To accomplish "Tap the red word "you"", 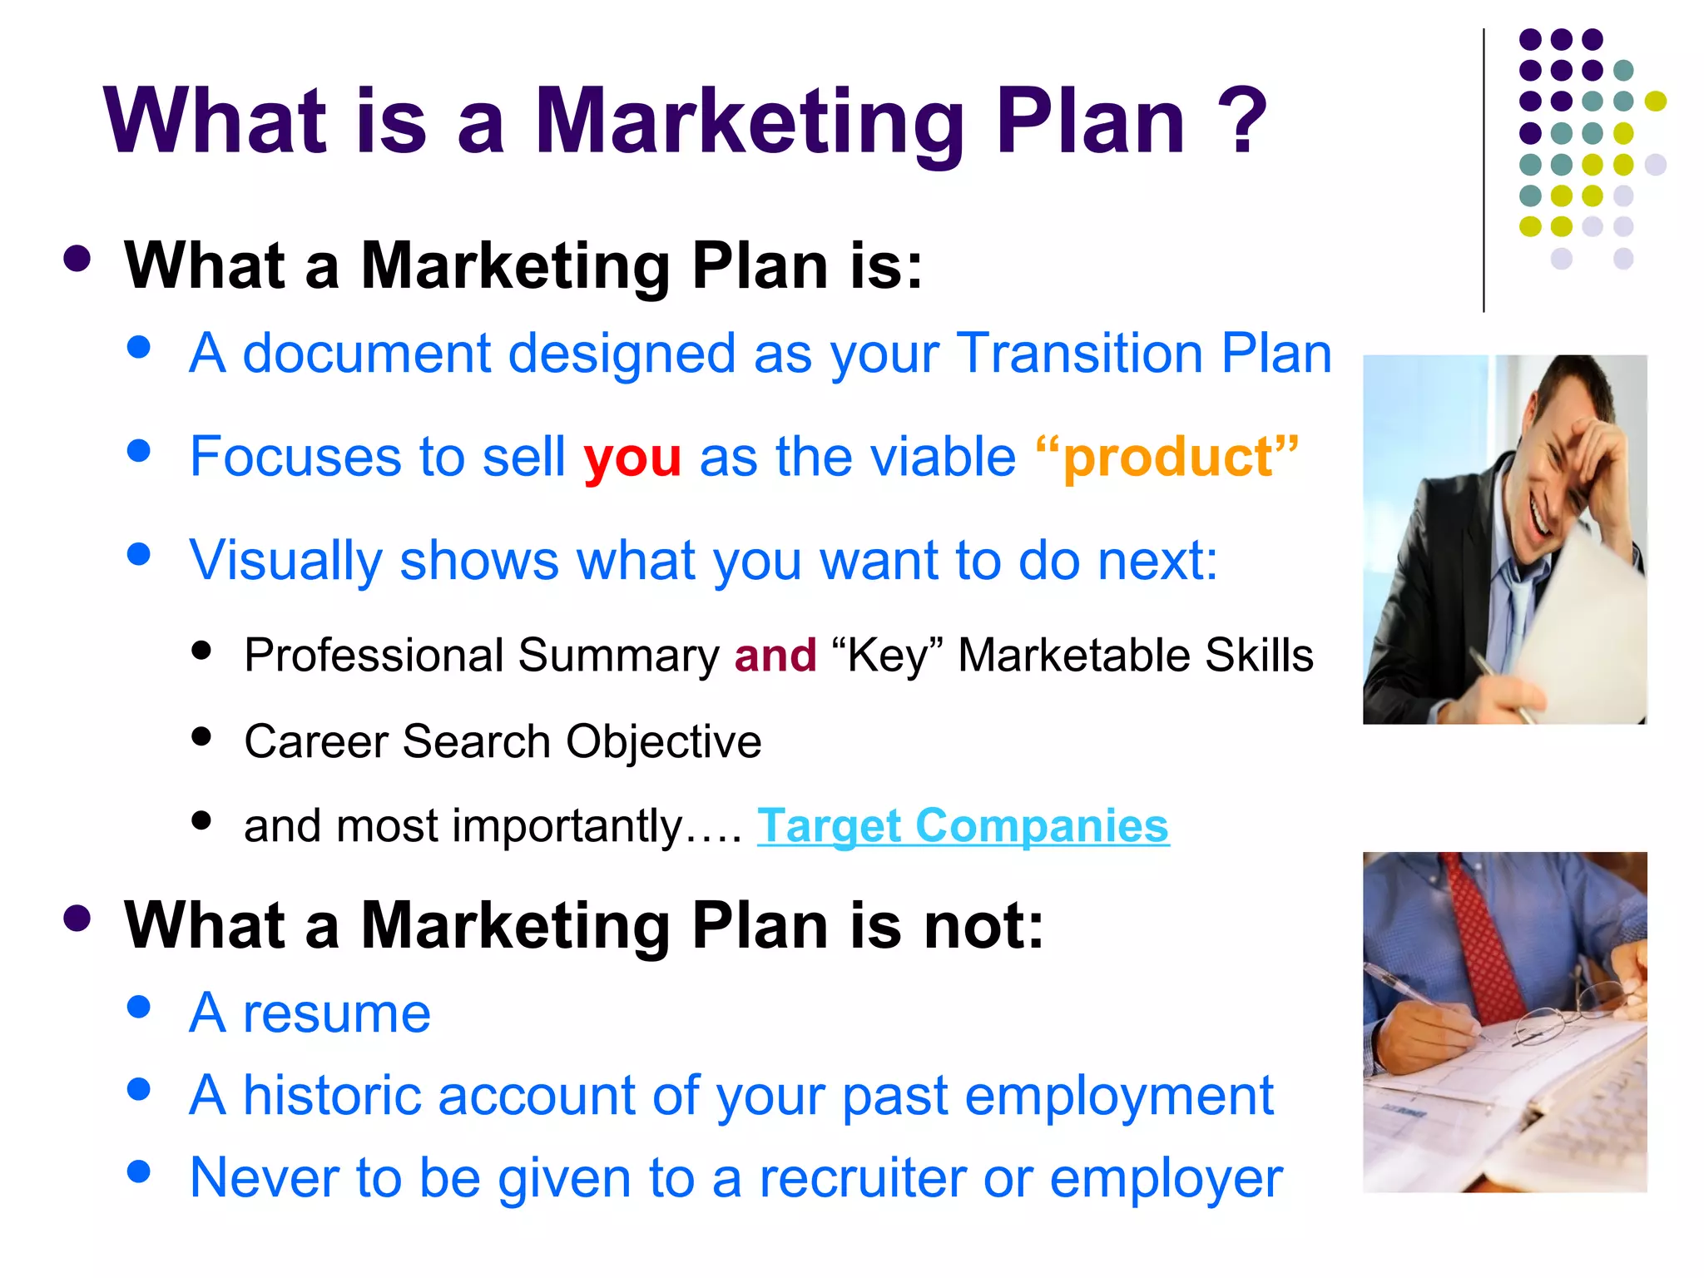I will pos(632,458).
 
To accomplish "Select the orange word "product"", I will pos(1168,458).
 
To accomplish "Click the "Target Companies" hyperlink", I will pos(963,826).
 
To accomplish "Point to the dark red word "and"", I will pos(775,656).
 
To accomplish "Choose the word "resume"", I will pos(336,1014).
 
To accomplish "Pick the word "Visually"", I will pos(285,562).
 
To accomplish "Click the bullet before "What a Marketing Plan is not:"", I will pos(77,919).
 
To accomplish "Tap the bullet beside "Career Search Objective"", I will pos(201,737).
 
